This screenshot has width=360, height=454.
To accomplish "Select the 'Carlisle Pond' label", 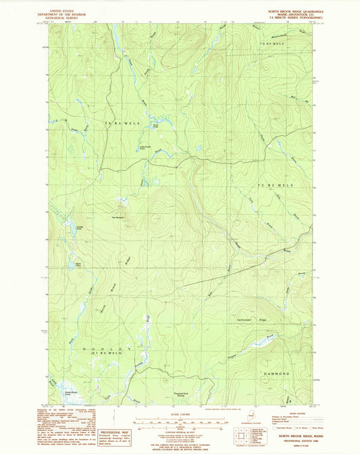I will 79,228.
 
